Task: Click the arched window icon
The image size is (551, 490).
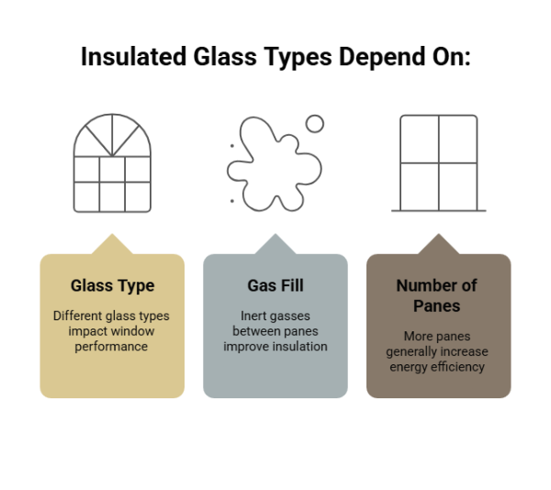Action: tap(112, 164)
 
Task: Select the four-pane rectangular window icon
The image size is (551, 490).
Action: tap(439, 163)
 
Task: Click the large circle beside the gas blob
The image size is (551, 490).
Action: tap(314, 124)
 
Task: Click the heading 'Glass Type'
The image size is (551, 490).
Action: tap(112, 285)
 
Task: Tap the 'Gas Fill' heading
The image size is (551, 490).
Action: tap(275, 285)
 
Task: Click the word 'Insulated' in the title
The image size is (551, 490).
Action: tap(135, 58)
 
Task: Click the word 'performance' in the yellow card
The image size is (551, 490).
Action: tap(112, 347)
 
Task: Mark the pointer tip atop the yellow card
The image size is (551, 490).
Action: tap(112, 235)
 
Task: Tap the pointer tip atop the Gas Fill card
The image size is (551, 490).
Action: tap(275, 235)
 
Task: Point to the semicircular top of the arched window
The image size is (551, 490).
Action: tap(112, 136)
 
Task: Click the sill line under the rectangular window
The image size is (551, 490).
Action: tap(439, 210)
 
